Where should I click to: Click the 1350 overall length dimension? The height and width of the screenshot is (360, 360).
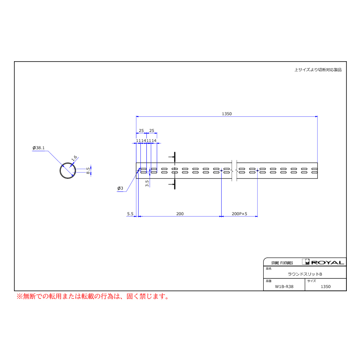(227, 114)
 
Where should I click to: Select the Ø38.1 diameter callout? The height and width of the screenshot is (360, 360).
(38, 148)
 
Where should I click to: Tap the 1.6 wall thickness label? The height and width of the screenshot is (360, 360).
(74, 158)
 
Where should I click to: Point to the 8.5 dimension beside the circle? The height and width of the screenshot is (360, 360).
(88, 170)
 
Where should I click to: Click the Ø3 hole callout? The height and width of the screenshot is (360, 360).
(120, 188)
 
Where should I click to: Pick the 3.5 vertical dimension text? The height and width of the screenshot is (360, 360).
(147, 183)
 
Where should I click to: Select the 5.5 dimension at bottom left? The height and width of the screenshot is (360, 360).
(130, 214)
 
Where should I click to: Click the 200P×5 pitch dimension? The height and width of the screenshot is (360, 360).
(240, 214)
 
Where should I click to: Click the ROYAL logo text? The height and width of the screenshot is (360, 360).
(328, 263)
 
